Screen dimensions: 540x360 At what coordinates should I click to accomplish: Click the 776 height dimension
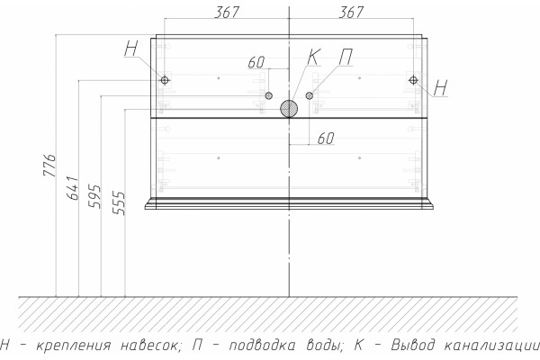(x=49, y=166)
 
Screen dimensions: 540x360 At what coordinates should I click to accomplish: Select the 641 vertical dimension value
(x=72, y=188)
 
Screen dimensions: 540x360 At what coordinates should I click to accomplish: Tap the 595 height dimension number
(x=94, y=196)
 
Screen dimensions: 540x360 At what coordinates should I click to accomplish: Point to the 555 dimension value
(x=119, y=203)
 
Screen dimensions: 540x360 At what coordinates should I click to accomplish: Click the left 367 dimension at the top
(x=226, y=13)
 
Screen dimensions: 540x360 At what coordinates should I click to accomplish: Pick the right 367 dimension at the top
(x=351, y=13)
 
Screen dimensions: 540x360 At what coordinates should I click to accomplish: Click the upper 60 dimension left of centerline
(x=256, y=62)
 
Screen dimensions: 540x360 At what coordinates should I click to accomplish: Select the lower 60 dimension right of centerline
(x=326, y=139)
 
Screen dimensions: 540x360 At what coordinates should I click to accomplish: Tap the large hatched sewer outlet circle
(x=289, y=109)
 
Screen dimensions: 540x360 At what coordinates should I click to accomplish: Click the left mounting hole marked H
(x=165, y=80)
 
